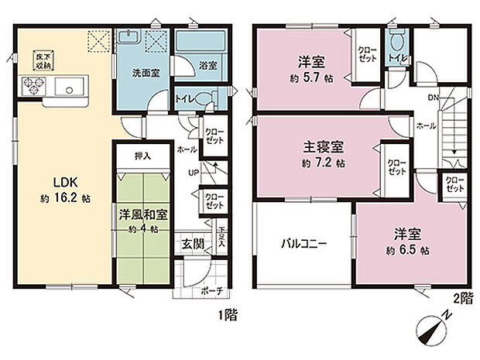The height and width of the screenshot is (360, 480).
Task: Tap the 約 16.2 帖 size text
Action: (66, 198)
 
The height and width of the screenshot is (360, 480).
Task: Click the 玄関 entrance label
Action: (192, 245)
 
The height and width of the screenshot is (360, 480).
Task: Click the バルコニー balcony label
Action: (303, 243)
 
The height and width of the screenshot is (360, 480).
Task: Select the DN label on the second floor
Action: (431, 98)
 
